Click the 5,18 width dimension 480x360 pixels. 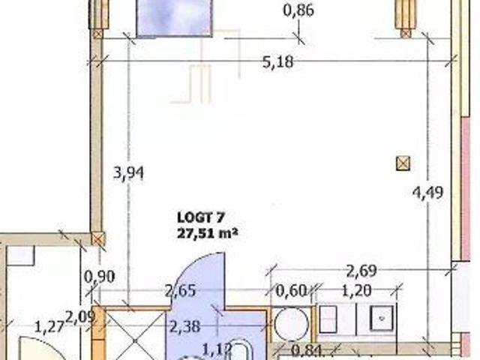coord(278,62)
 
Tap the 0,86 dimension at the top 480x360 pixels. coord(298,10)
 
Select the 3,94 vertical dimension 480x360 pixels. coord(128,174)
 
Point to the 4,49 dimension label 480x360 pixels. coord(428,193)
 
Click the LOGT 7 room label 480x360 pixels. coord(201,218)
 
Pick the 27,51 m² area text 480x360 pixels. coord(208,233)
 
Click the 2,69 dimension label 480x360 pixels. coord(361,271)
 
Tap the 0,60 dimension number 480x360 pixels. coord(291,290)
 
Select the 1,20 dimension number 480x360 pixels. coord(356,290)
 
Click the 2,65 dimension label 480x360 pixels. coord(181,290)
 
